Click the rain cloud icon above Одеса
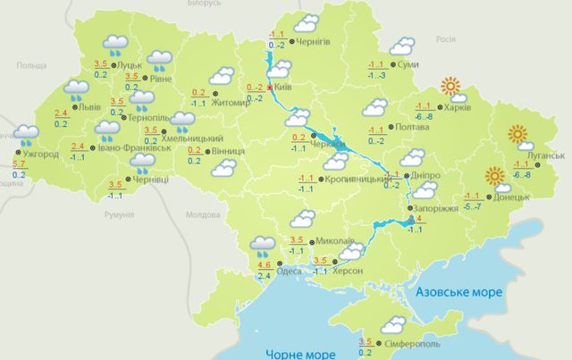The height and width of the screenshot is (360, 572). click(263, 243)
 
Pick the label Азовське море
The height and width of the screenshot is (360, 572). click(458, 292)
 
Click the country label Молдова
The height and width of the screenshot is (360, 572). click(195, 215)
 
